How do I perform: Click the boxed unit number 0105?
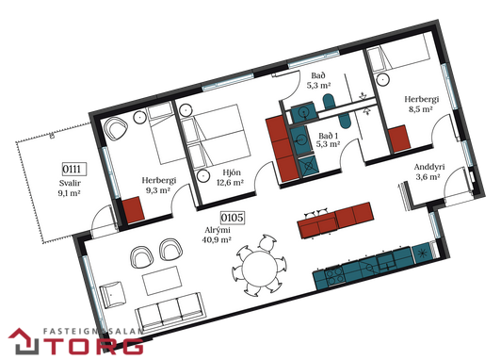[233, 218]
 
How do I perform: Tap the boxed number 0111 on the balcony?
[74, 169]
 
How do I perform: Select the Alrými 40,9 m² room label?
[217, 235]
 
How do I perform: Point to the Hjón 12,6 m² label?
[230, 178]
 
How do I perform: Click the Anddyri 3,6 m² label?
[429, 172]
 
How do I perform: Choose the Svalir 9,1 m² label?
[70, 188]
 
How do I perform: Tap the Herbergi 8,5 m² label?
[421, 104]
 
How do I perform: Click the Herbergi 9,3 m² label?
[159, 186]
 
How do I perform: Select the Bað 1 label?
[329, 136]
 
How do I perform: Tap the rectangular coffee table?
[162, 281]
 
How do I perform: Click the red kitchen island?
[335, 220]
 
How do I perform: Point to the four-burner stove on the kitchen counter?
[335, 276]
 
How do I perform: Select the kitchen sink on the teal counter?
[387, 262]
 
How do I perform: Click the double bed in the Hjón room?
[214, 137]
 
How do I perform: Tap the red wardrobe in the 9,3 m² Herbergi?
[134, 210]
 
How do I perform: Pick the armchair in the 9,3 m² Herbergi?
[116, 128]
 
